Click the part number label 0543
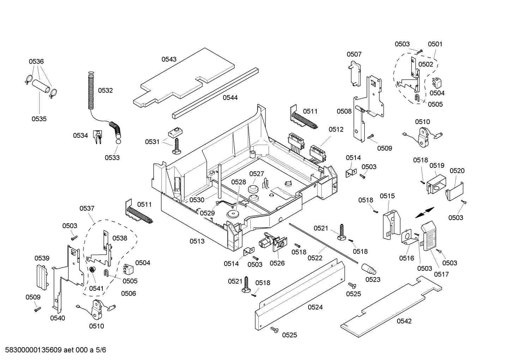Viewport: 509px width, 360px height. pos(169,59)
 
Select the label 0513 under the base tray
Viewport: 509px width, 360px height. pos(197,241)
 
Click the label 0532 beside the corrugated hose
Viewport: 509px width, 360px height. pos(105,90)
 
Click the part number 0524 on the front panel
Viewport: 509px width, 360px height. pos(315,307)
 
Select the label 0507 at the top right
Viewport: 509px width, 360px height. pos(354,54)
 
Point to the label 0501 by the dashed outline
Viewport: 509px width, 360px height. pos(435,44)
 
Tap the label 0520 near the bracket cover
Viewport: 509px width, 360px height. pos(457,171)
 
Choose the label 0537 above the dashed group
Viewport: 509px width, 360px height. pos(87,208)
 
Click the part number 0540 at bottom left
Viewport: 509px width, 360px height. pos(58,318)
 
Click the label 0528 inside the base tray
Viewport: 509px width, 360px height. pos(239,182)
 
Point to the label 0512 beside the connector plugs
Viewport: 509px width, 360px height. pos(336,130)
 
